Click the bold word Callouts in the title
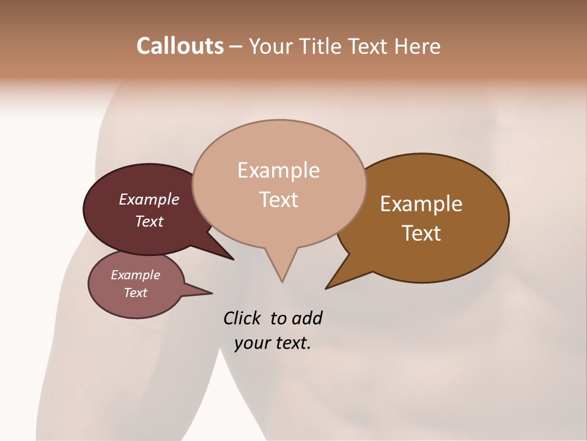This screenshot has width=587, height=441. tap(180, 46)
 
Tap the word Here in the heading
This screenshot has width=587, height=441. tap(416, 46)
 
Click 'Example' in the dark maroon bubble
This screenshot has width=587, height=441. tap(149, 199)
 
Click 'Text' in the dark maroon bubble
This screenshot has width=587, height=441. tap(149, 221)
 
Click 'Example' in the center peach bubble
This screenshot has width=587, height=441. tap(278, 170)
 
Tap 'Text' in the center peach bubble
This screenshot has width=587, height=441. tap(278, 200)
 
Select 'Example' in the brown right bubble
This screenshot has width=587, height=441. tap(421, 204)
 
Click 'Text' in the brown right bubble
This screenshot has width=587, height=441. tap(421, 233)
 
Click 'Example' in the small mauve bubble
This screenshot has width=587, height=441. tap(135, 275)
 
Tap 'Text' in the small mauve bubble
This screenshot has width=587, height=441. tap(135, 293)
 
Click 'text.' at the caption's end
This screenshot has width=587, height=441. tap(291, 343)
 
